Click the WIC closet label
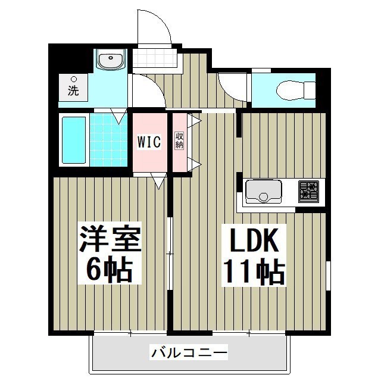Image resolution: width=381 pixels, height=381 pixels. coord(149,142)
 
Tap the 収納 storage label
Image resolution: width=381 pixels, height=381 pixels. coord(179,140)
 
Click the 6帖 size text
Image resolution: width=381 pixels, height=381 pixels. coord(110,271)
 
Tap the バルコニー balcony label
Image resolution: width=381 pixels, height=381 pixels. coord(189,354)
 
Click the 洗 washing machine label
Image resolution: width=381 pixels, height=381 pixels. coord(73,91)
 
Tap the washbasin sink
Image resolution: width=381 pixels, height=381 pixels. coord(110,61)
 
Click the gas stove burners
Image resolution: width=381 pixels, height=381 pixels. coord(309,190)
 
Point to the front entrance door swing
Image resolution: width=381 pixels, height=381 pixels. coord(154,28)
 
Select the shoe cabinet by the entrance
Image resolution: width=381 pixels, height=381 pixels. coord(155,59)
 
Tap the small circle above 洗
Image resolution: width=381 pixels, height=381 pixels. coord(73,79)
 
